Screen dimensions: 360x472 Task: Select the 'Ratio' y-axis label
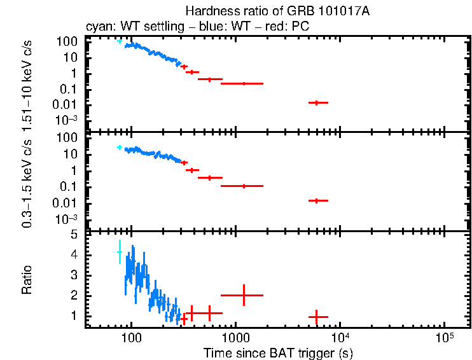[27, 280]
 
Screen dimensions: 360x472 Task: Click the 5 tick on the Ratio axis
[74, 235]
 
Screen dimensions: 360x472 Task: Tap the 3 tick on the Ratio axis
[74, 275]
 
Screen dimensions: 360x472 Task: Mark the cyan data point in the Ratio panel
[119, 253]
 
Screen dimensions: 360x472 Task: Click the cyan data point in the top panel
[119, 41]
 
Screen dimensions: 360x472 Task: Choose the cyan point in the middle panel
[119, 147]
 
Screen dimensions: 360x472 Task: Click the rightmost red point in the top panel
[317, 102]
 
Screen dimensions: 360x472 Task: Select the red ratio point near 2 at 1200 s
[242, 295]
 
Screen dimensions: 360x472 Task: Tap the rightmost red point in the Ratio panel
[317, 316]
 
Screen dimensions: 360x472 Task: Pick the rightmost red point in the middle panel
[317, 200]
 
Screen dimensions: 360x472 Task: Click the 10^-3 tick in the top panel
[66, 120]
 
